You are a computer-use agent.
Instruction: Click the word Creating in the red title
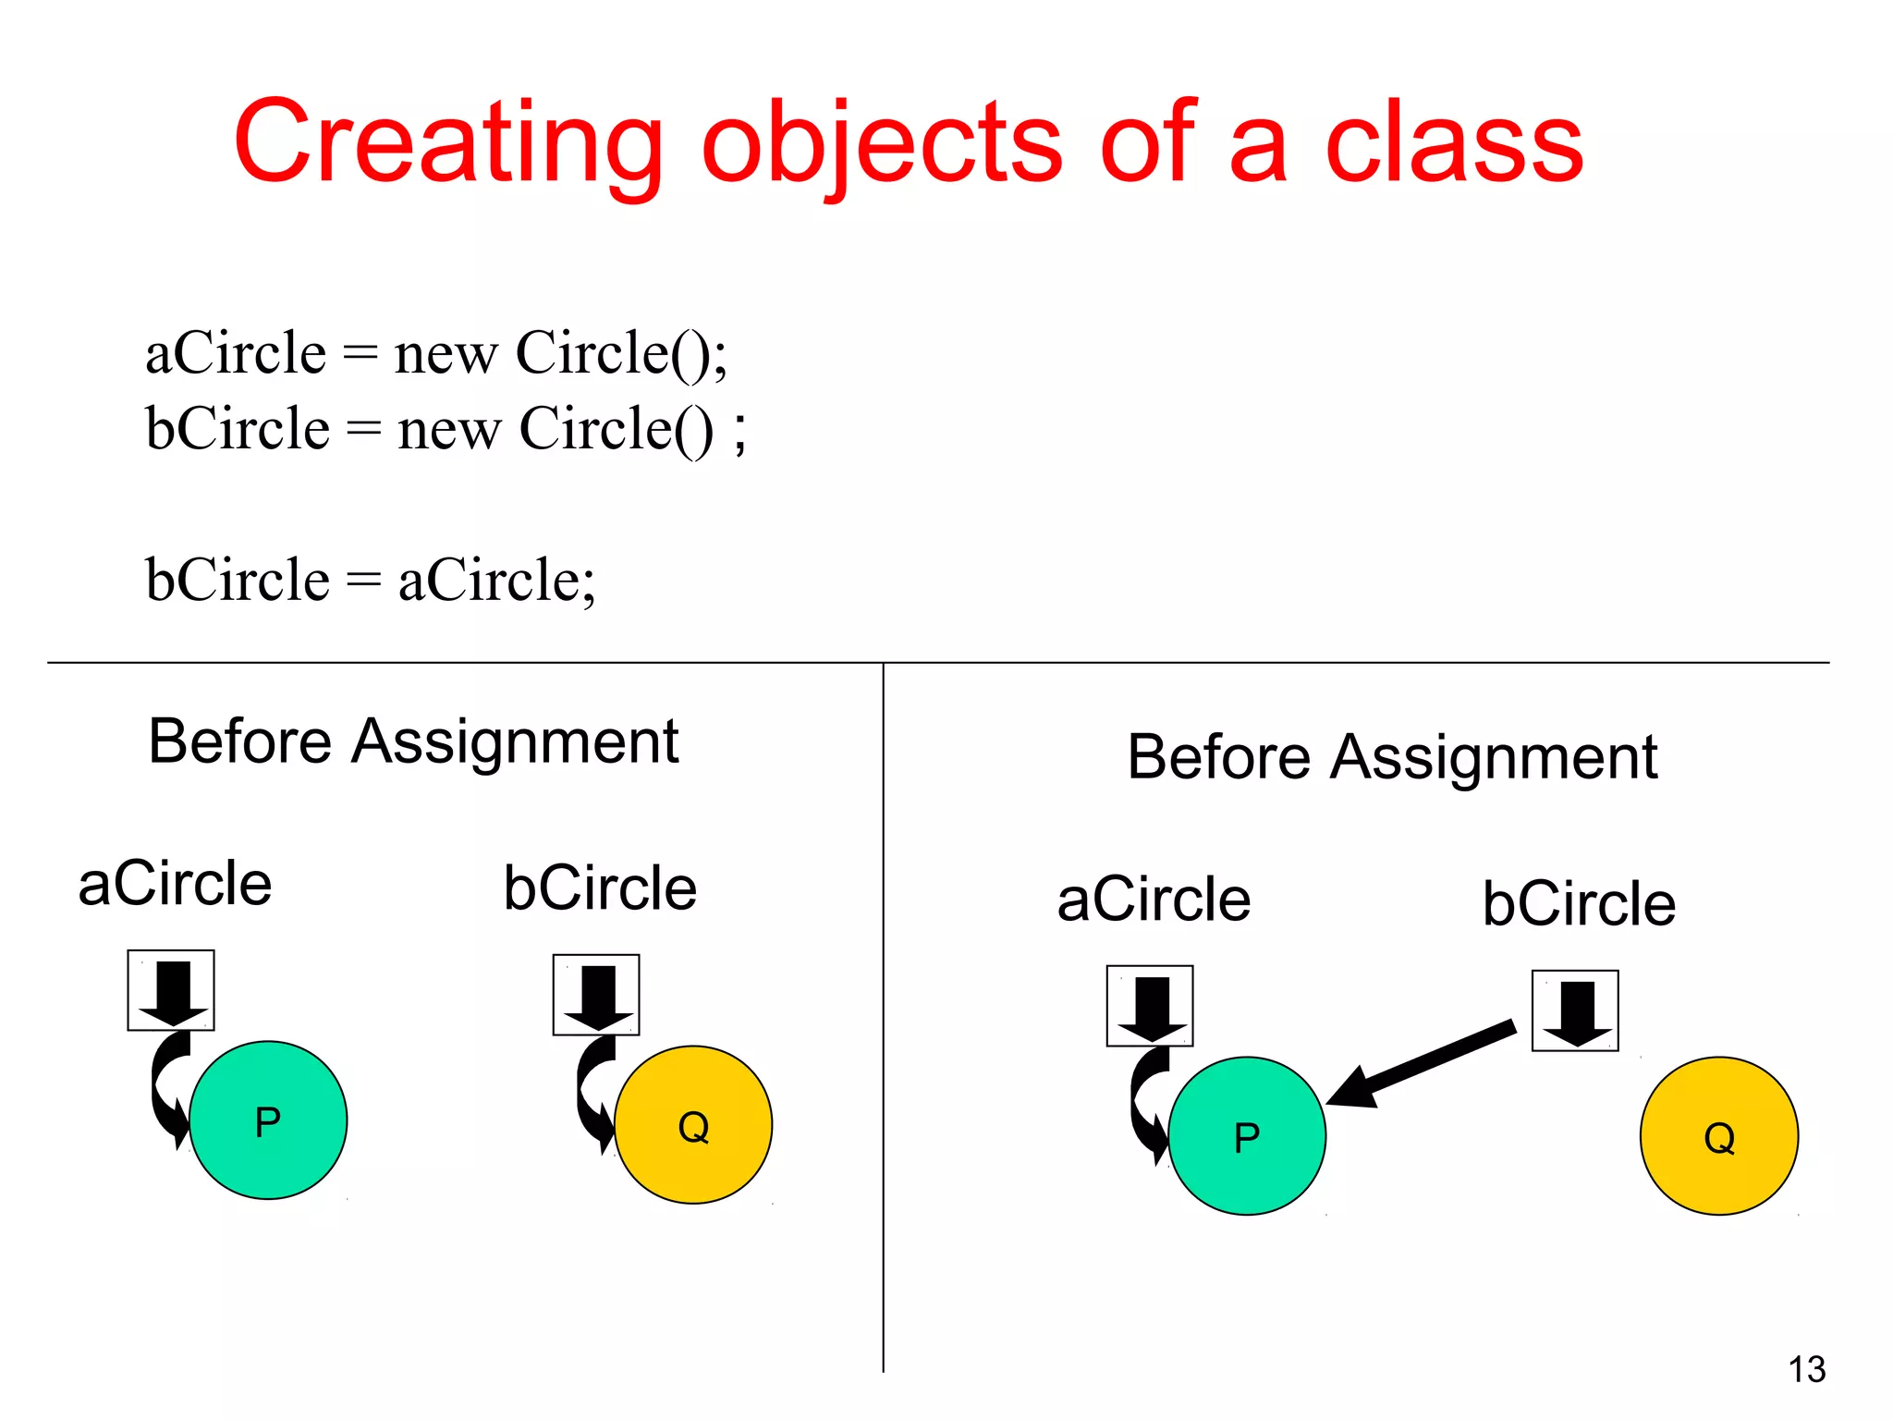(447, 143)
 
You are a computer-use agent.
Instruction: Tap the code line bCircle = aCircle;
(370, 580)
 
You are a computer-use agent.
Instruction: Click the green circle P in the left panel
(268, 1120)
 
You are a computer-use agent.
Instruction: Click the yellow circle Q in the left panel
(693, 1125)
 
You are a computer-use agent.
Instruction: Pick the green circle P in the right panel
(1247, 1136)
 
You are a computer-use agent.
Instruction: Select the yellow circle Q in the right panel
(1719, 1136)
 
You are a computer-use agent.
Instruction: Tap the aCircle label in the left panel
(175, 883)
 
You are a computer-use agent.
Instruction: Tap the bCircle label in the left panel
(600, 887)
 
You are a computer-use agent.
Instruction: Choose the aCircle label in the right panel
(1154, 900)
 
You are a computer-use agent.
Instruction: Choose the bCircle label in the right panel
(1579, 903)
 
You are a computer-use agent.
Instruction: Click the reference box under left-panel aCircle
(171, 990)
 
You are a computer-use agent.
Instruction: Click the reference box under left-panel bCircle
(596, 995)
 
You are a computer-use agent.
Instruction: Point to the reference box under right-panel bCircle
(1575, 1010)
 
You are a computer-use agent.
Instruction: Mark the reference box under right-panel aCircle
(1150, 1006)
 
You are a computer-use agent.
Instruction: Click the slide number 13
(1807, 1369)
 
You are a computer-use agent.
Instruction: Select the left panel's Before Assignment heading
(413, 741)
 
